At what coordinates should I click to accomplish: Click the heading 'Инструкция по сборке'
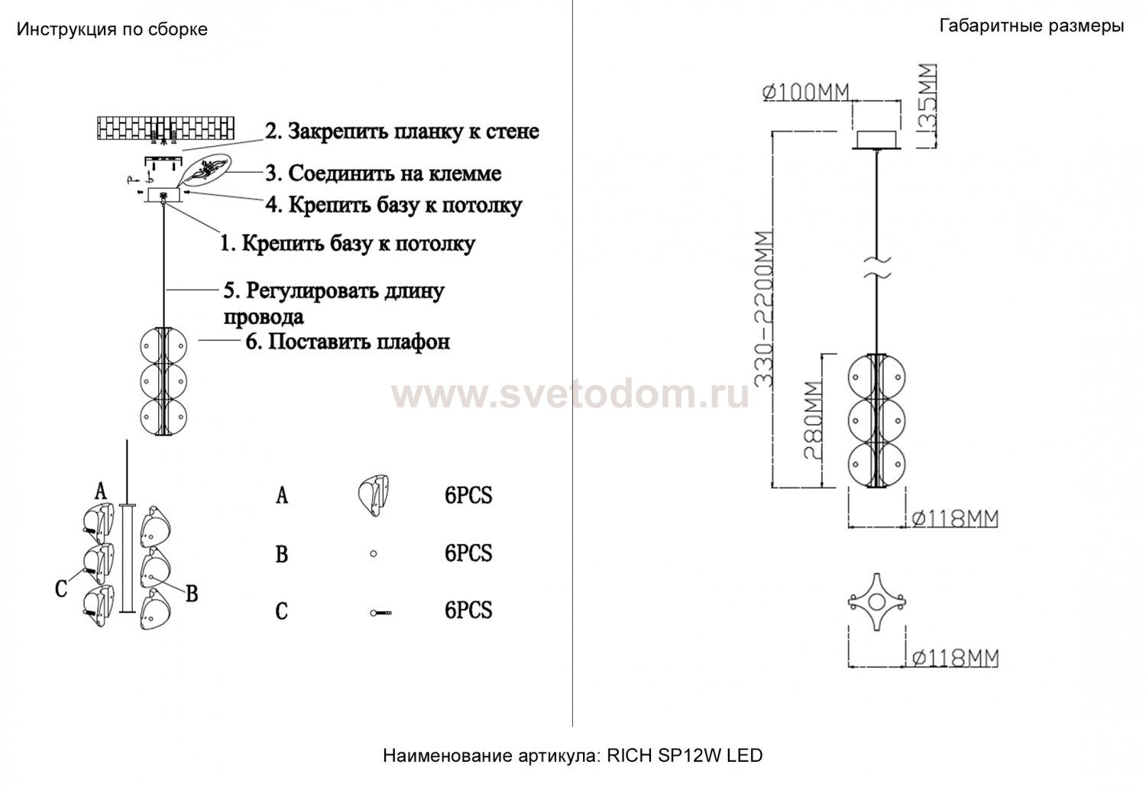pos(112,30)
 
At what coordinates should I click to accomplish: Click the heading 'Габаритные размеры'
pos(1031,25)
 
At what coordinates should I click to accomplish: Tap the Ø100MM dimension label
pos(806,92)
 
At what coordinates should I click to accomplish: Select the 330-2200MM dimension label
pos(764,310)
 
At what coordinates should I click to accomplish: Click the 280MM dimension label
pos(814,420)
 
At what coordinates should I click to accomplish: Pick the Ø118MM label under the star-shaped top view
pos(955,658)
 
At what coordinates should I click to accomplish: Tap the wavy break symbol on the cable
pos(877,267)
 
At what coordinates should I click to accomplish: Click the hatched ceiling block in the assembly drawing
pos(166,128)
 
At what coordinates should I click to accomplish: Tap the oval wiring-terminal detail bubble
pos(205,169)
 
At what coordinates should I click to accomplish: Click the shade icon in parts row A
pos(374,494)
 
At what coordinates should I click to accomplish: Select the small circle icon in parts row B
pos(374,553)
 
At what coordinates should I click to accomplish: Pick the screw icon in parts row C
pos(380,612)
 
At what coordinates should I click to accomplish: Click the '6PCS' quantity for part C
pos(468,611)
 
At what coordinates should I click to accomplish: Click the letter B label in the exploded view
pos(191,594)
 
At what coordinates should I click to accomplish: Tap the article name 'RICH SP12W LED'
pos(685,755)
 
